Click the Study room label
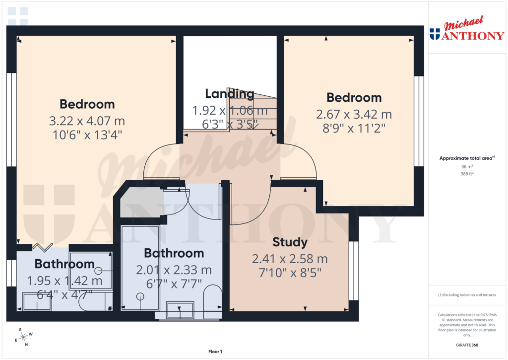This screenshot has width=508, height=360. tap(290, 242)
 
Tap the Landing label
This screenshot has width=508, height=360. tap(230, 93)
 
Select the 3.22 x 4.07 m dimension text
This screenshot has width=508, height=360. tap(87, 121)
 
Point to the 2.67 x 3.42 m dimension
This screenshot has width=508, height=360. tap(354, 114)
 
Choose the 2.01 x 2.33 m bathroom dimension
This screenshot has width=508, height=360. tap(174, 270)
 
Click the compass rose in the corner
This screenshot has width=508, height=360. tap(23, 337)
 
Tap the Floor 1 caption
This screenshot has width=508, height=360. tap(215, 352)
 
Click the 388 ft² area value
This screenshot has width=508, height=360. tap(467, 174)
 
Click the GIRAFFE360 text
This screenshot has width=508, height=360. tap(467, 345)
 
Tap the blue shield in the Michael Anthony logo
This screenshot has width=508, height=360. tap(435, 34)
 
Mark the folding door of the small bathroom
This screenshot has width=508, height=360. tap(43, 247)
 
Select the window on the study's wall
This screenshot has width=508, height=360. tap(353, 270)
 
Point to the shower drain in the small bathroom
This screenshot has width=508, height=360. tap(98, 271)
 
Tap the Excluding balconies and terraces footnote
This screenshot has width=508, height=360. tap(467, 295)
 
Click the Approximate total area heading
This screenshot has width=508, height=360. tap(467, 158)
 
